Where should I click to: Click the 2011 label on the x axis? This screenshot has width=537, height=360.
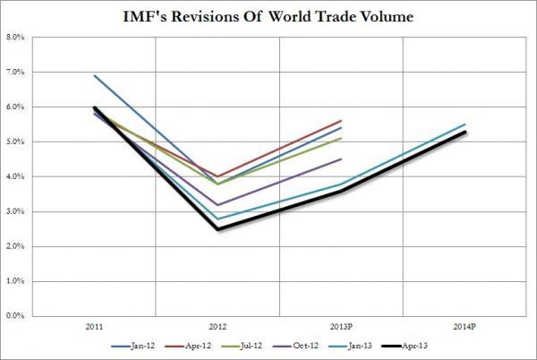pyautogui.click(x=93, y=326)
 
